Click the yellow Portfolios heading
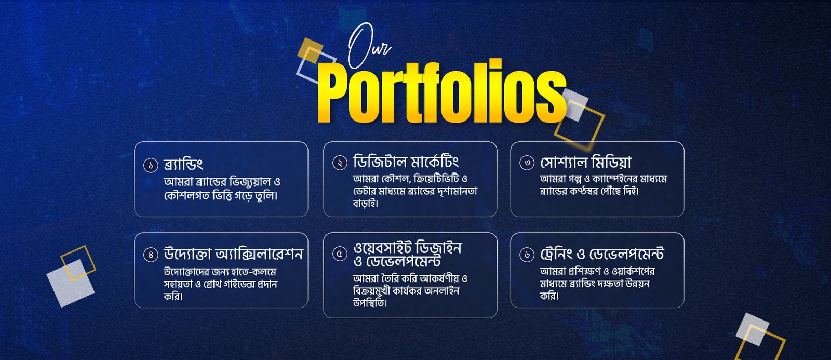[442, 91]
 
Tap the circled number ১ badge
[151, 165]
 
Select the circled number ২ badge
[340, 163]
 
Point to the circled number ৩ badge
[527, 163]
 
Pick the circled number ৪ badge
[151, 255]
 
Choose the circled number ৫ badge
[340, 254]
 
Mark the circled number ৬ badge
[527, 255]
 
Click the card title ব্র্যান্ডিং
[183, 164]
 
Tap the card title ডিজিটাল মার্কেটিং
[406, 162]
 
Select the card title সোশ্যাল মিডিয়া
[585, 162]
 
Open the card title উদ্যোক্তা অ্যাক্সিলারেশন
[233, 254]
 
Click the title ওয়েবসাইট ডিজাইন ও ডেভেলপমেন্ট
[407, 254]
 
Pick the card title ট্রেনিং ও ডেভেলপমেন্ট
[602, 254]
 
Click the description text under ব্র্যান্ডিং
[222, 189]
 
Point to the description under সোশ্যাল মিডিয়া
[604, 185]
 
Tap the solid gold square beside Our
[310, 50]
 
